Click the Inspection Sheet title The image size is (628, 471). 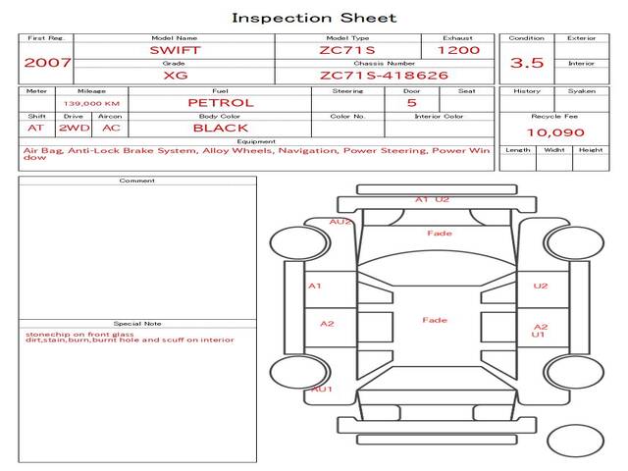pyautogui.click(x=314, y=18)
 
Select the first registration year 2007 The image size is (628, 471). pyautogui.click(x=47, y=63)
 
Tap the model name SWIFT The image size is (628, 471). pyautogui.click(x=175, y=50)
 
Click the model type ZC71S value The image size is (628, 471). pyautogui.click(x=347, y=50)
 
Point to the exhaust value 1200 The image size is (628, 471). pyautogui.click(x=458, y=50)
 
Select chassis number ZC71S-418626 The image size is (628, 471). pyautogui.click(x=384, y=76)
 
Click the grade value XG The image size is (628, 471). pyautogui.click(x=176, y=76)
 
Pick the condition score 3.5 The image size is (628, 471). pyautogui.click(x=527, y=63)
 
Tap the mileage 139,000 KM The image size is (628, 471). pyautogui.click(x=91, y=104)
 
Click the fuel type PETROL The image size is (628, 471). pyautogui.click(x=221, y=103)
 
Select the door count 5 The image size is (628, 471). pyautogui.click(x=412, y=103)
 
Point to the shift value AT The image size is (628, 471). pyautogui.click(x=35, y=129)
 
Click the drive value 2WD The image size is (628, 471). pyautogui.click(x=75, y=129)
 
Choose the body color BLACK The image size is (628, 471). pyautogui.click(x=221, y=129)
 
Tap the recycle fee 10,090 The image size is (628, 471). pyautogui.click(x=555, y=132)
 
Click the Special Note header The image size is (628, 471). pyautogui.click(x=137, y=324)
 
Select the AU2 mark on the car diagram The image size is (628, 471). pyautogui.click(x=340, y=222)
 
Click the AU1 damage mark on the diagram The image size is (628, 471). pyautogui.click(x=322, y=389)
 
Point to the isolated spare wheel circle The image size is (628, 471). pyautogui.click(x=575, y=441)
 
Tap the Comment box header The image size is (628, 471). pyautogui.click(x=137, y=181)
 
